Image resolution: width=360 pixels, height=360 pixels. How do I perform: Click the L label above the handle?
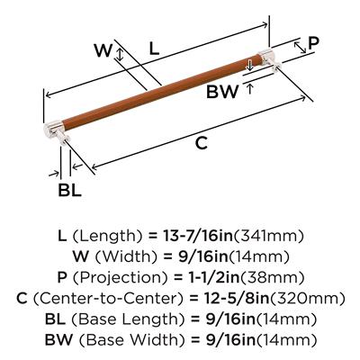tap(154, 48)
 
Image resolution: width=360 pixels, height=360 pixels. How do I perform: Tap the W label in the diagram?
tap(103, 50)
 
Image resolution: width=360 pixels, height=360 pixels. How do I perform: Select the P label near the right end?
tap(313, 43)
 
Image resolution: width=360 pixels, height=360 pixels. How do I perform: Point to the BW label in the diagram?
tap(222, 92)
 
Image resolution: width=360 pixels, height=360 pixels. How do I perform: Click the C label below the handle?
tap(202, 142)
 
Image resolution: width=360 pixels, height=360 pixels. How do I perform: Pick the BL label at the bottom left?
tap(69, 190)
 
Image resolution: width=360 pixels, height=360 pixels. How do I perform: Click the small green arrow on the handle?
tap(248, 65)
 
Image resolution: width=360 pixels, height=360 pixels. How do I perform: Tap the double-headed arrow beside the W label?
tap(120, 54)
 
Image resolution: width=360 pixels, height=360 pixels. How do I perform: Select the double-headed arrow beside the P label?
tap(300, 48)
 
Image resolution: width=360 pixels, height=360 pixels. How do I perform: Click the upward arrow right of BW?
tap(249, 89)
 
